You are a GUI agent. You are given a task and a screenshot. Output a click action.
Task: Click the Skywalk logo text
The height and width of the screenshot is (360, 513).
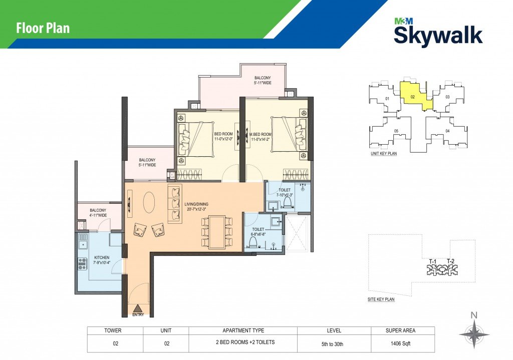coord(438,36)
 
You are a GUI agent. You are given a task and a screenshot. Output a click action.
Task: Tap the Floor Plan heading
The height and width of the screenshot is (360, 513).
coord(43,28)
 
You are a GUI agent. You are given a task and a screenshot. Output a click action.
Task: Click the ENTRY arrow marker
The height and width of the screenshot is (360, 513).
coord(138,308)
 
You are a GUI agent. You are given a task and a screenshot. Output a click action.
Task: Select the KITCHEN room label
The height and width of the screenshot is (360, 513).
coord(102,258)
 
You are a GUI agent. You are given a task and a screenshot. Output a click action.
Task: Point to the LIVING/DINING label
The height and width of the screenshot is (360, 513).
coord(196,204)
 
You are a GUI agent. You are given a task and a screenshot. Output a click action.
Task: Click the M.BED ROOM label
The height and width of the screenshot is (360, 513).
coord(261,134)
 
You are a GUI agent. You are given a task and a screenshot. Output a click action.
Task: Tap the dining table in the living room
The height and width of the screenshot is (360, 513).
coord(216,232)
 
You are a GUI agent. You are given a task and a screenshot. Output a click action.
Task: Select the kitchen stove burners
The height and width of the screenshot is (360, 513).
coord(82,263)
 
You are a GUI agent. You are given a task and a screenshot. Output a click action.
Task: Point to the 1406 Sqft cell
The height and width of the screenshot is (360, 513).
coord(400,343)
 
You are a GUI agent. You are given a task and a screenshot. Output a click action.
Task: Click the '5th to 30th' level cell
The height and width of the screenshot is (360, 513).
coord(333,344)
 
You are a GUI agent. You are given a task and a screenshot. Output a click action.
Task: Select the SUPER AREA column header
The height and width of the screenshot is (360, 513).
coord(400,330)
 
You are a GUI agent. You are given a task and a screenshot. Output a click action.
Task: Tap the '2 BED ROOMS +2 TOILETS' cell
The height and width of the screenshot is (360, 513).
coord(245,342)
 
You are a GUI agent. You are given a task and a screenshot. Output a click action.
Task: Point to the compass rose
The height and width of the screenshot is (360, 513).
coord(474,334)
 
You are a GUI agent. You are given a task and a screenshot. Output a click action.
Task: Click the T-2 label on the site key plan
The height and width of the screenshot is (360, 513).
coord(450,261)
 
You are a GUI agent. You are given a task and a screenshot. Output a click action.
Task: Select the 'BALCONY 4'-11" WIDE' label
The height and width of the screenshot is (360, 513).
coord(98,213)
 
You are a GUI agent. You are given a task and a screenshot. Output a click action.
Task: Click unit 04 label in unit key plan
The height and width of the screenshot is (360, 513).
coord(447,131)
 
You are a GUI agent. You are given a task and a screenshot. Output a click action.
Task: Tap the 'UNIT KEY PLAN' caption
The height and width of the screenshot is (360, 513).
coord(383,153)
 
